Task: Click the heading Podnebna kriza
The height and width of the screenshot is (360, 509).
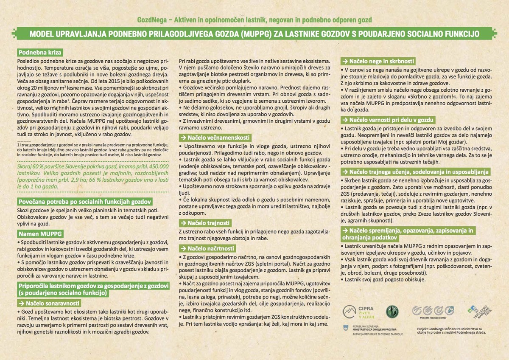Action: [x=39, y=53]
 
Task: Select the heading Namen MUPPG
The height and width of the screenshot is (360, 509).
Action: [x=39, y=233]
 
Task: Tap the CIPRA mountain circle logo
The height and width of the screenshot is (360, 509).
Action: [x=349, y=312]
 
